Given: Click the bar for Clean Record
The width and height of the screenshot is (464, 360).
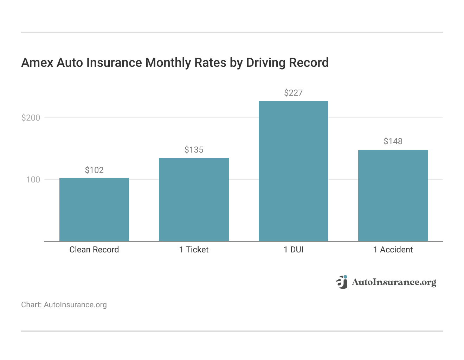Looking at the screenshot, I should tap(94, 210).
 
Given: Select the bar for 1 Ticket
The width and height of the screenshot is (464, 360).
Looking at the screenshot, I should tap(194, 199).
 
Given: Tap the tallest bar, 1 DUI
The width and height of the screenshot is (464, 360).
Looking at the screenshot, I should tap(293, 171).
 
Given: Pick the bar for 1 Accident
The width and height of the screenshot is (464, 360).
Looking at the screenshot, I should tap(393, 195).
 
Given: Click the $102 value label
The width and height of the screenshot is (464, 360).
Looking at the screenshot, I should tap(94, 170).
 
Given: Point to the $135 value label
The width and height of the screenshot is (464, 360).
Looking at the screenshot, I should tap(194, 150).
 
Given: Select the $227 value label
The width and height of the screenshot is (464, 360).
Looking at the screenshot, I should tap(293, 93).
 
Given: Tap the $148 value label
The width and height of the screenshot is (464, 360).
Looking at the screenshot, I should tap(393, 141).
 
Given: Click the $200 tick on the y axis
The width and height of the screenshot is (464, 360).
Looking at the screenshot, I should tap(31, 118).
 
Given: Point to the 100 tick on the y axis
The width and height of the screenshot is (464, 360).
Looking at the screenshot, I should tap(33, 180).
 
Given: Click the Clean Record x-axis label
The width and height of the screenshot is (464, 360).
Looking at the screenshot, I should tap(94, 250).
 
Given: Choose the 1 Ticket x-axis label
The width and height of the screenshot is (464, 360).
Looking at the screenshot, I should tap(194, 250).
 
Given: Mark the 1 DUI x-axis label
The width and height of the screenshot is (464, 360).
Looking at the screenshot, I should tap(293, 250).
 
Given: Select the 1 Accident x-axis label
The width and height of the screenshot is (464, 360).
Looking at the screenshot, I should tap(393, 250).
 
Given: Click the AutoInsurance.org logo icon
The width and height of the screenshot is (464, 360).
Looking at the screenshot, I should tap(342, 282).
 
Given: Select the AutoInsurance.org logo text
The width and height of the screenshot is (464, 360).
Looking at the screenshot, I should tap(394, 282).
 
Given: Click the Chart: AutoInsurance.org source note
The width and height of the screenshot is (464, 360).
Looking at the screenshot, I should tap(64, 305).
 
